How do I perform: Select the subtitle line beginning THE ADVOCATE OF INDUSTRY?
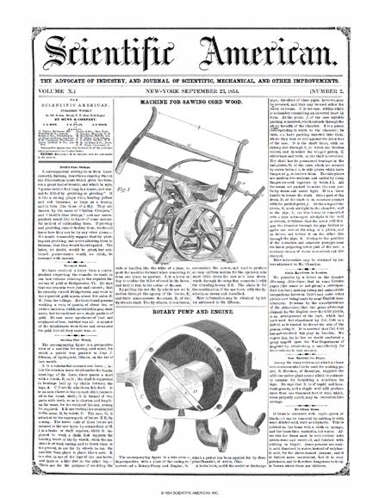189,62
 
